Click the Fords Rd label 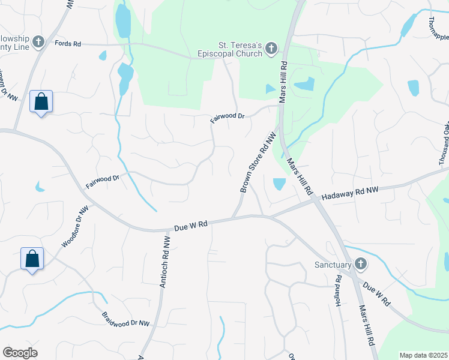pyautogui.click(x=67, y=44)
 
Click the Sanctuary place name pyautogui.click(x=333, y=265)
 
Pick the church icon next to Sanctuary pyautogui.click(x=360, y=264)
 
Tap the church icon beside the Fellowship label pyautogui.click(x=39, y=42)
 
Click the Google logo pyautogui.click(x=20, y=353)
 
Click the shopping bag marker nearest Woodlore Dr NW pyautogui.click(x=32, y=259)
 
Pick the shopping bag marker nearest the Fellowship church pyautogui.click(x=41, y=102)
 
